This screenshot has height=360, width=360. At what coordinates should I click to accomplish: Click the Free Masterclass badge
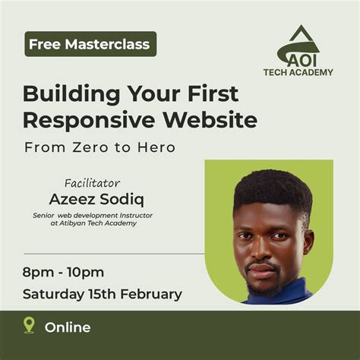pyautogui.click(x=90, y=44)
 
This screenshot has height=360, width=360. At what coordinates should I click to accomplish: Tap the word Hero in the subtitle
pyautogui.click(x=157, y=147)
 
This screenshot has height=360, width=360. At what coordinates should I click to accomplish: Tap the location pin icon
pyautogui.click(x=29, y=326)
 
